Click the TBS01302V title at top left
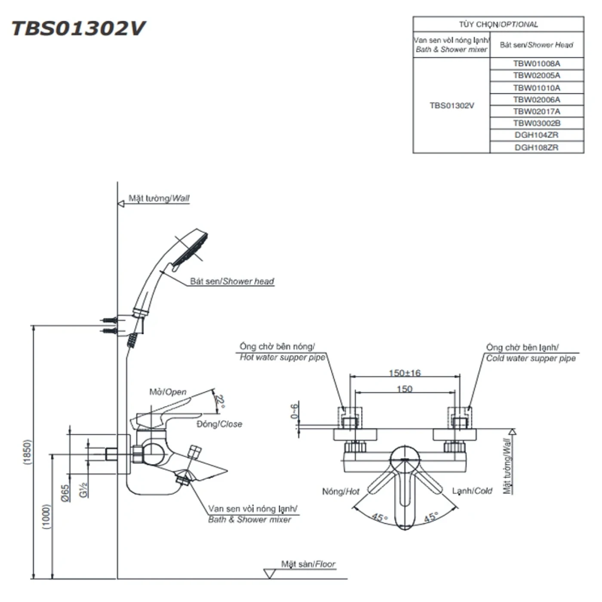[79, 28]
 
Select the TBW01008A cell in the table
[537, 64]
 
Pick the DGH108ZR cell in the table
[537, 147]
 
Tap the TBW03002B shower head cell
[537, 123]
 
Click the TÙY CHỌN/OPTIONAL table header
[498, 25]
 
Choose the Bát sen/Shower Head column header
[537, 45]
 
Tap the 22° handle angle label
[220, 402]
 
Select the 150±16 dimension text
[404, 373]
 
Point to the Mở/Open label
[168, 392]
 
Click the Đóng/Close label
[219, 424]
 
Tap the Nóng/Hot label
[341, 491]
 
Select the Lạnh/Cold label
[472, 491]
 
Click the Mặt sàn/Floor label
[308, 564]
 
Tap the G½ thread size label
[84, 489]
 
